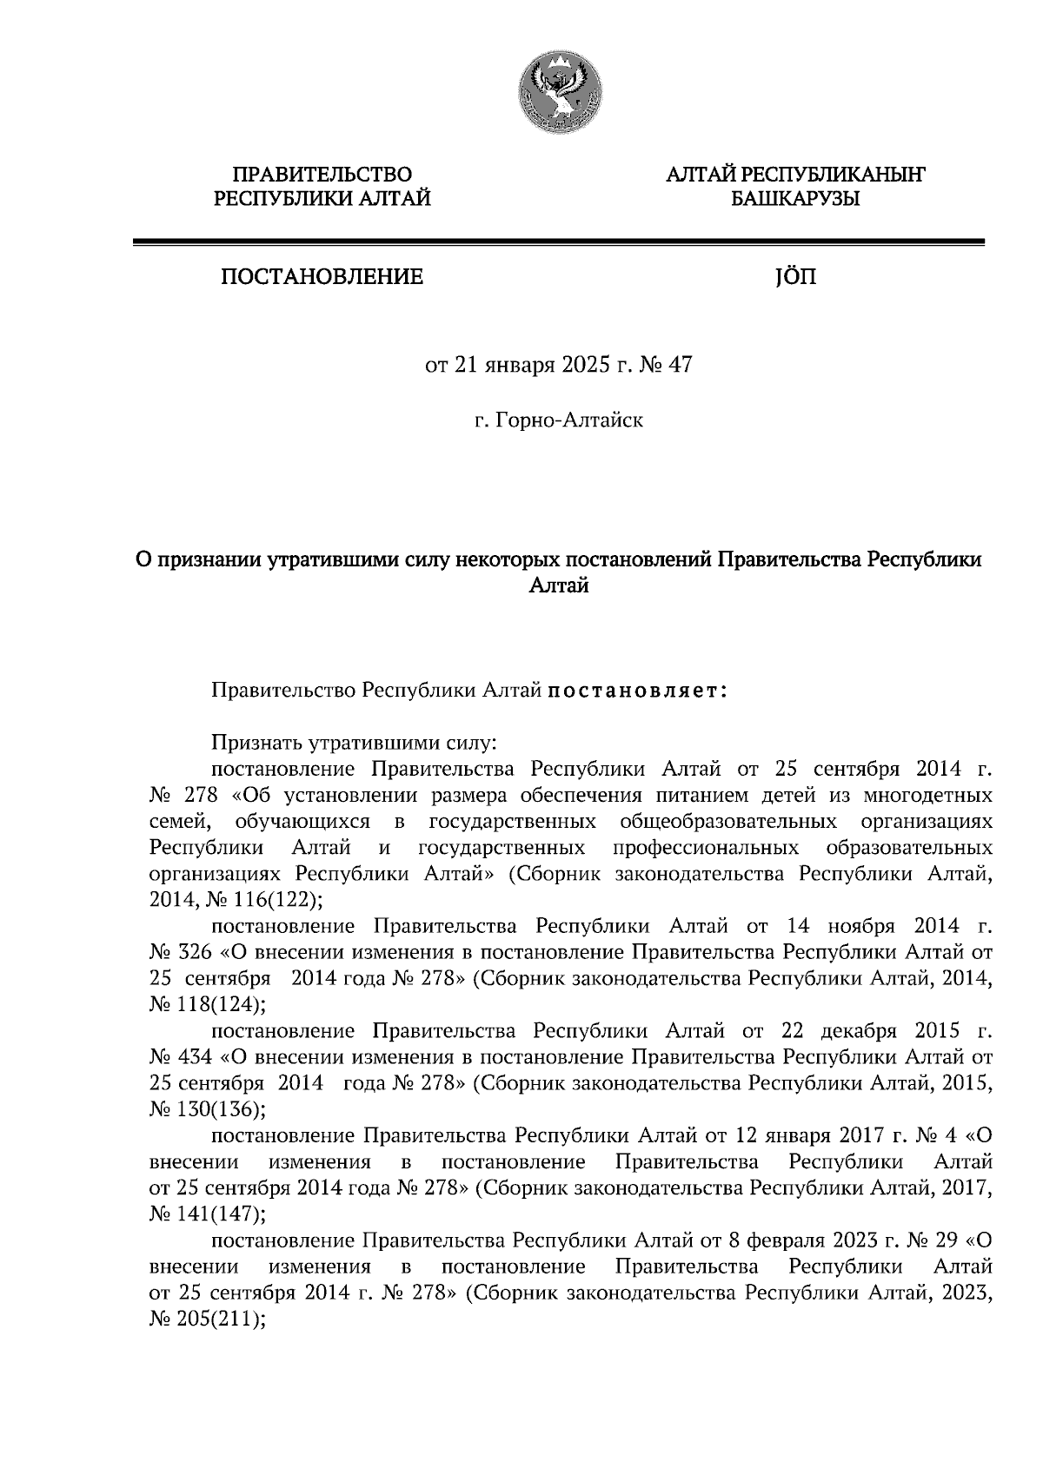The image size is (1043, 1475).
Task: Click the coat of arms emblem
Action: [x=559, y=90]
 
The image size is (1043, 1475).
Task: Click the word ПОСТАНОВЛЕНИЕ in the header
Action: [x=322, y=277]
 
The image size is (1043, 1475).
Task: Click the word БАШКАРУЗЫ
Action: [x=794, y=200]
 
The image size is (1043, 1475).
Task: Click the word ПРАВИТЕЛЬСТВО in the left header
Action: [x=323, y=175]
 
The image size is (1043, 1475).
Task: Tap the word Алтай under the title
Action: [x=559, y=587]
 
